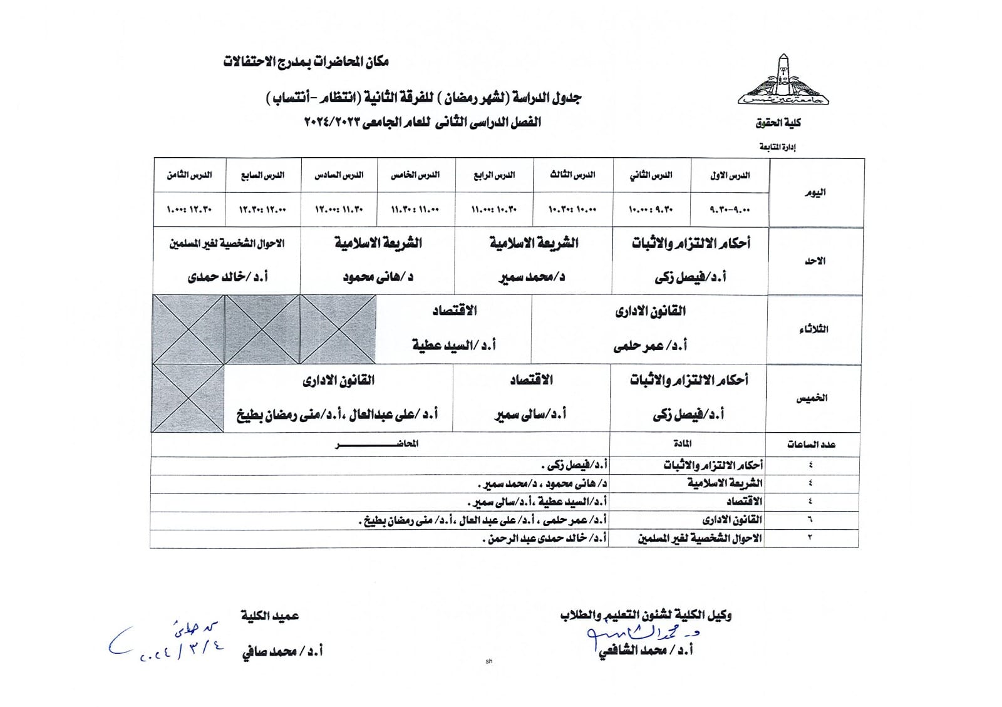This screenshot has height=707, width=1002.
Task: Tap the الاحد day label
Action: point(815,261)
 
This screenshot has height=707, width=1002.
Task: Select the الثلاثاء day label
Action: point(813,329)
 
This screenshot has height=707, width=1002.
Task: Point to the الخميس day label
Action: point(812,398)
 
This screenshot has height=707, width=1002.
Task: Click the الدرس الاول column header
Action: point(730,175)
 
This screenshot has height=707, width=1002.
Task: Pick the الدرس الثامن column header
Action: point(189,175)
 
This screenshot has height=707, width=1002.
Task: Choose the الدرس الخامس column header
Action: point(415,175)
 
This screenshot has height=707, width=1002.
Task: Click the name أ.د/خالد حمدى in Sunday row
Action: point(228,277)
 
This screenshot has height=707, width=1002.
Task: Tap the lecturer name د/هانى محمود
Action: point(378,277)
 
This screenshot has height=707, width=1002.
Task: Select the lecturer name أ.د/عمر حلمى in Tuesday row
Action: point(650,345)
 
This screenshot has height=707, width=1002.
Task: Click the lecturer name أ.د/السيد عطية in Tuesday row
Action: point(453,345)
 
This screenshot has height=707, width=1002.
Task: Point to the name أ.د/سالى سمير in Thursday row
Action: point(530,414)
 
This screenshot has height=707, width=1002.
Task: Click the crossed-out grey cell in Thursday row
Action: point(188,398)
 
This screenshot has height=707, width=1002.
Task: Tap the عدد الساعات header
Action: point(811,445)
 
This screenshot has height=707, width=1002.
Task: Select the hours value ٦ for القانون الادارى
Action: point(810,520)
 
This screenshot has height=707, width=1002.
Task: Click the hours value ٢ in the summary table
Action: point(810,538)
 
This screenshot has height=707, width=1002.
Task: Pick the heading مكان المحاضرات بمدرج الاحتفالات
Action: point(306,61)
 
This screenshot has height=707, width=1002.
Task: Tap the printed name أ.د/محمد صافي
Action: point(282,652)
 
